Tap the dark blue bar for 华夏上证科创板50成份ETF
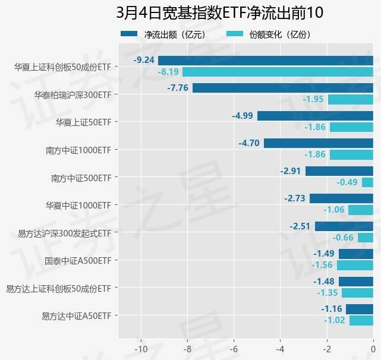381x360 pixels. (266, 60)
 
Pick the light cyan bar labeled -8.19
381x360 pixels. (278, 72)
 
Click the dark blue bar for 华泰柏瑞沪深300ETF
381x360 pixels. (283, 88)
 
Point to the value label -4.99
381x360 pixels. (243, 115)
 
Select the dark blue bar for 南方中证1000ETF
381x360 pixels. (319, 143)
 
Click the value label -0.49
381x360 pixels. (347, 182)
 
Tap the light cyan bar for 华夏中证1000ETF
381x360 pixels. (361, 210)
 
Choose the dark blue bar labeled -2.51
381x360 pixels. (344, 226)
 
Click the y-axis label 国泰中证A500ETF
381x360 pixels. (78, 260)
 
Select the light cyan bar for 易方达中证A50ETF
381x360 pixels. (361, 321)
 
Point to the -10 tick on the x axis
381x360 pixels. (141, 348)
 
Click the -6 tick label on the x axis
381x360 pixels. (234, 348)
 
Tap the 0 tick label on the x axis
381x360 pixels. (373, 348)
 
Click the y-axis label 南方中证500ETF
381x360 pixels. (81, 177)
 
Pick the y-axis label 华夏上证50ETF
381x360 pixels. (83, 122)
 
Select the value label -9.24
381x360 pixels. (144, 60)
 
